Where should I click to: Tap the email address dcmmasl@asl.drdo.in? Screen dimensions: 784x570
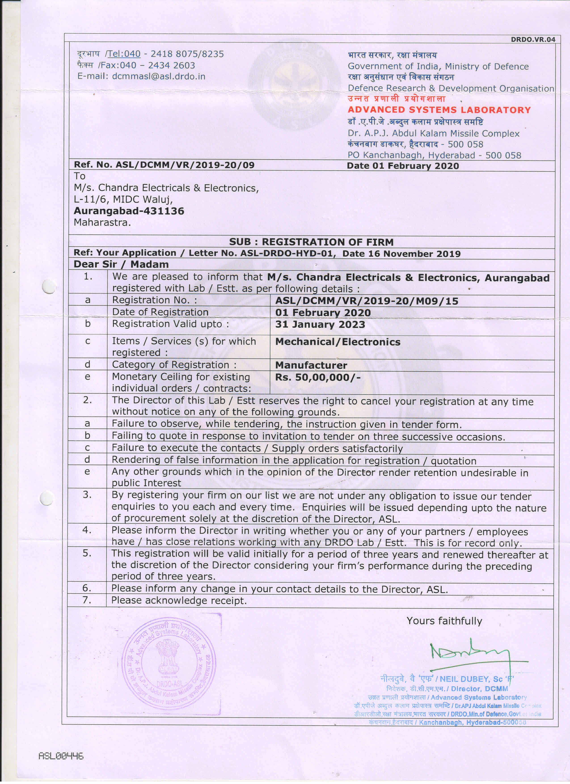coord(159,76)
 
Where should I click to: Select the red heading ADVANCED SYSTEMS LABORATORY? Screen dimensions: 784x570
coord(439,110)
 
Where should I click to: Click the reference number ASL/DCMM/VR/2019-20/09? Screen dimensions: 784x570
coord(185,165)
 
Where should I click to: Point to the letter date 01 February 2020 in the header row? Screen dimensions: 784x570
coord(416,166)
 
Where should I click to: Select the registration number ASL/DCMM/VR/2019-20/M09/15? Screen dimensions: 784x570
coord(366,301)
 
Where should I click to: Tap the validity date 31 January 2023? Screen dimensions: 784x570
coord(320,325)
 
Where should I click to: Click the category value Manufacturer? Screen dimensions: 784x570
coord(311,365)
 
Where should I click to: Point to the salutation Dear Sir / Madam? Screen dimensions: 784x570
coord(121,264)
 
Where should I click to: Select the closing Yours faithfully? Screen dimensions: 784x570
coord(444,621)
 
